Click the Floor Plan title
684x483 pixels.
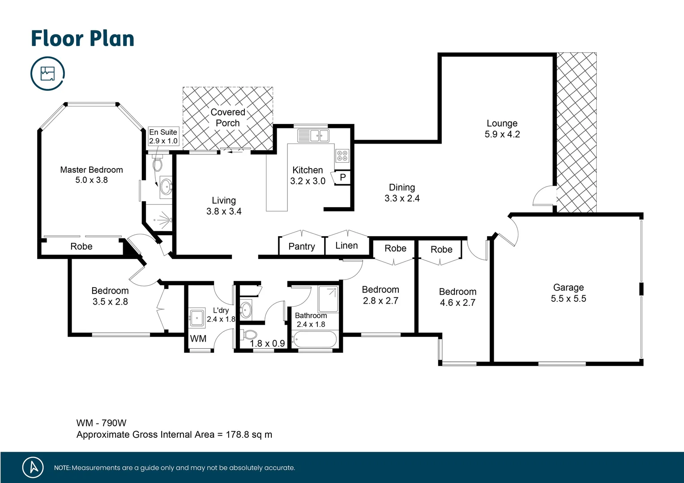[82, 39]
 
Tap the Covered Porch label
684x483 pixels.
[228, 118]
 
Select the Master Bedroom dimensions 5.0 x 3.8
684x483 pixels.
[91, 180]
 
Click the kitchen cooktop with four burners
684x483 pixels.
[342, 156]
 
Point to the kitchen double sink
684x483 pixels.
[313, 135]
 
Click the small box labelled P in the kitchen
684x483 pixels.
[342, 178]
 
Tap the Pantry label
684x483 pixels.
[301, 246]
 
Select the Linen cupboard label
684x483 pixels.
[346, 246]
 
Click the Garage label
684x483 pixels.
[568, 288]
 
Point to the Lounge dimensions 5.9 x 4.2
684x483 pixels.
[502, 135]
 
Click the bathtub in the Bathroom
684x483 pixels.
[314, 339]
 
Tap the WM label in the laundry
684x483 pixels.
[198, 339]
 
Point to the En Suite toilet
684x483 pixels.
[157, 164]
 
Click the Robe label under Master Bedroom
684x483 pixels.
[81, 246]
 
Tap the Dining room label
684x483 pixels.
[402, 188]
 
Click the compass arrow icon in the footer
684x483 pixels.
[33, 467]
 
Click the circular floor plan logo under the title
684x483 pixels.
[47, 73]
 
